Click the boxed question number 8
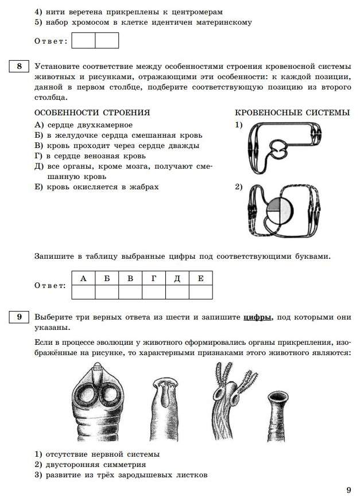[x=19, y=67]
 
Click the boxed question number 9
[x=19, y=317]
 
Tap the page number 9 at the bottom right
[x=348, y=489]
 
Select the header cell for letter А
[x=83, y=278]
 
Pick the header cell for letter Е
[x=200, y=278]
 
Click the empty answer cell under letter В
[x=130, y=292]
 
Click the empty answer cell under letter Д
[x=177, y=292]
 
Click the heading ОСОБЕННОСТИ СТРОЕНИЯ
[x=92, y=112]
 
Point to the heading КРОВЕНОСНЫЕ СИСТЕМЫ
[x=292, y=112]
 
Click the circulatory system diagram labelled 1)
[x=284, y=149]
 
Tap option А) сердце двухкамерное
[x=84, y=125]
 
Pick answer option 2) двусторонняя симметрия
[x=90, y=464]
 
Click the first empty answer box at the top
[x=84, y=41]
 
